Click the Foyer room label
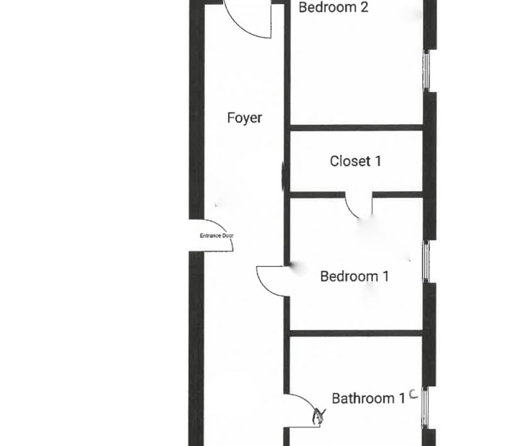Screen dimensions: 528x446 click(245, 118)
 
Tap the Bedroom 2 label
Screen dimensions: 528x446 click(334, 7)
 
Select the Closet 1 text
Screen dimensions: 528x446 click(355, 161)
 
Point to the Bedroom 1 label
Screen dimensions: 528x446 click(355, 276)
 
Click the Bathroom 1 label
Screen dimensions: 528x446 click(368, 398)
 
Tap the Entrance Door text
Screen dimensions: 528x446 click(217, 235)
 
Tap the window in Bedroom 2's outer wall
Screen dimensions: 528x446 click(426, 71)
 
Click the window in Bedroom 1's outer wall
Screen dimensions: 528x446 click(426, 262)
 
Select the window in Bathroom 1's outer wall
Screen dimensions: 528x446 click(425, 408)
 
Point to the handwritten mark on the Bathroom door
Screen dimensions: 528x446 click(319, 416)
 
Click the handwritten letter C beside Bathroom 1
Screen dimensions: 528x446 click(413, 394)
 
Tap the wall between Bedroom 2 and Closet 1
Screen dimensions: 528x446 click(357, 128)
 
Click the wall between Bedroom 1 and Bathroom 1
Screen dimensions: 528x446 click(356, 333)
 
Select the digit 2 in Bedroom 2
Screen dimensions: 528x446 click(365, 7)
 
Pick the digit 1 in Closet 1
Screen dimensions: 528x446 click(378, 161)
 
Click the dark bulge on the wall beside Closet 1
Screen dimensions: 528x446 click(283, 175)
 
